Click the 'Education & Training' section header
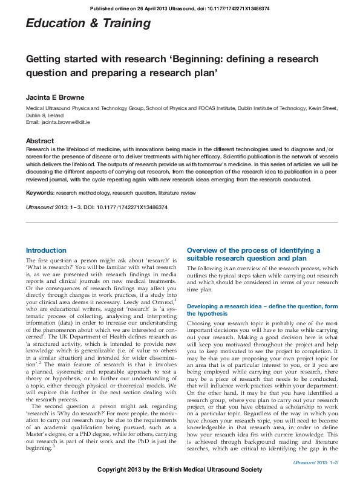click(88, 24)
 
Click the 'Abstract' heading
click(39, 141)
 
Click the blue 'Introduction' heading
click(46, 250)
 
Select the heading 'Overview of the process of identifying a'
click(254, 250)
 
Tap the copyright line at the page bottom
click(180, 470)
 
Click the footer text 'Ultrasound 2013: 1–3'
click(315, 461)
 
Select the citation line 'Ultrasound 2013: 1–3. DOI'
click(97, 207)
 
